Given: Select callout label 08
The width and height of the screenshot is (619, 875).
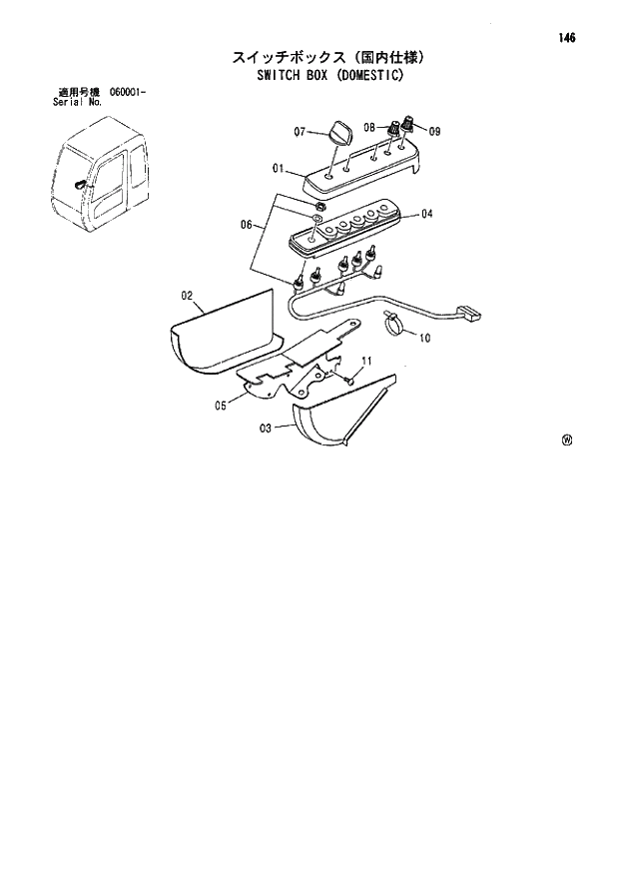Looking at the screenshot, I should (369, 128).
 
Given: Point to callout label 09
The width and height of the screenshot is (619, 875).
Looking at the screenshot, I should (433, 130).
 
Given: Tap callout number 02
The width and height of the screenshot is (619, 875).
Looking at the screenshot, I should (187, 295).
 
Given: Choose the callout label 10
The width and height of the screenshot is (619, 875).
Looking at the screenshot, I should (424, 339).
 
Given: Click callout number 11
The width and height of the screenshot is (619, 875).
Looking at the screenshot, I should (366, 360).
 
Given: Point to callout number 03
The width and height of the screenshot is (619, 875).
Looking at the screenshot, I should (266, 429).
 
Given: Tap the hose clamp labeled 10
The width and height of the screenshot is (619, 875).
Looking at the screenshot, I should (391, 321).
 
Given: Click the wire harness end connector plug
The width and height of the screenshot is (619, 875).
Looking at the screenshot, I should (465, 312).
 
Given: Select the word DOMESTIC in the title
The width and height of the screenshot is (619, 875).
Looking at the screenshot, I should (358, 73).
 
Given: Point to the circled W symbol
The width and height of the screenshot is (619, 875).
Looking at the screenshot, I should (566, 439).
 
